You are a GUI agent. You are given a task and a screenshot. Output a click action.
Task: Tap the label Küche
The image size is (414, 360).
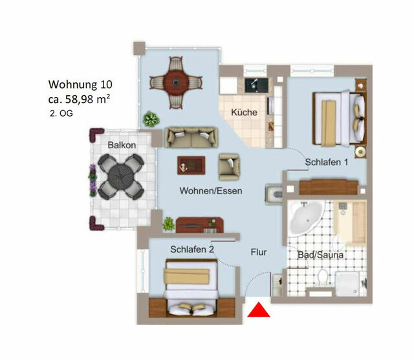(x=244, y=113)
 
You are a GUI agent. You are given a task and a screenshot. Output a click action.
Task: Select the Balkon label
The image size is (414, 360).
(x=122, y=145)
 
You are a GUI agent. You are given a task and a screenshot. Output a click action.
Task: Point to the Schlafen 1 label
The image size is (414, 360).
(x=327, y=163)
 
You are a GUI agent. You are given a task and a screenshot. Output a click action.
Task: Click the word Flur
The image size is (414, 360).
(x=259, y=253)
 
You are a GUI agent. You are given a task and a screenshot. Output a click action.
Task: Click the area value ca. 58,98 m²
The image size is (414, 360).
(x=80, y=99)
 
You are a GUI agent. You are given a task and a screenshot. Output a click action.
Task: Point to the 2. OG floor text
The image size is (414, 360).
(x=63, y=113)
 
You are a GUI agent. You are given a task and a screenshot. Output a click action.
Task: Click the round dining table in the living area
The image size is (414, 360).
(x=173, y=82)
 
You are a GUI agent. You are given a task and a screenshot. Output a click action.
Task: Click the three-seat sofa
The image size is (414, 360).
(x=190, y=137)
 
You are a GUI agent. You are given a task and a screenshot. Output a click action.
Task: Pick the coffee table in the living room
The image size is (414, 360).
(x=191, y=166)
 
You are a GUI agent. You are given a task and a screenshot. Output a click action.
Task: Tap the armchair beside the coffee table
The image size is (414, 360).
(x=229, y=166)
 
